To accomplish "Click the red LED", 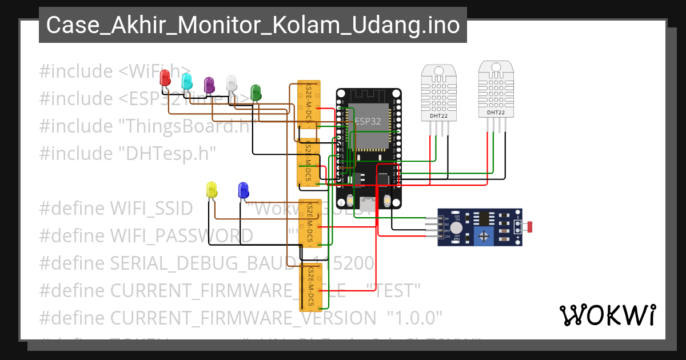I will [x=165, y=78].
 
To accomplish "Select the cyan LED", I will [x=186, y=82].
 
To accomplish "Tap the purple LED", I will [x=209, y=85].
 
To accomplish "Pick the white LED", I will [x=232, y=83].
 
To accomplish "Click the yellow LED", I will [x=212, y=190].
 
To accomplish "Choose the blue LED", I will [x=243, y=190].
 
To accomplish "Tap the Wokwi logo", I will [x=607, y=315].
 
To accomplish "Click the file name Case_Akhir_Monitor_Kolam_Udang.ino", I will [x=253, y=25].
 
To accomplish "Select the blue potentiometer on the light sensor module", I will [x=485, y=234].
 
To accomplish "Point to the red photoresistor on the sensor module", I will [x=531, y=227].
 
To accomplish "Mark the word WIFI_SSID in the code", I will [x=151, y=208].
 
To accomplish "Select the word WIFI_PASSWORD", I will [x=181, y=235].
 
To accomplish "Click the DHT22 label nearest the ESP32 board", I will [x=438, y=116].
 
